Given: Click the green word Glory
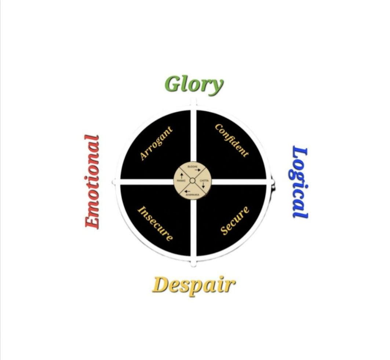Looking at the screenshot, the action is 194,84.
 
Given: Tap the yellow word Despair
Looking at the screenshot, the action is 193,285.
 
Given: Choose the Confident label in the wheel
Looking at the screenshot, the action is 232,141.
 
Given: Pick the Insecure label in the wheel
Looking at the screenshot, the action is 155,223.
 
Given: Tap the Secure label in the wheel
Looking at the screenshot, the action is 235,220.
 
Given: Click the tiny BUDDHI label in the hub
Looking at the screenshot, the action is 192,167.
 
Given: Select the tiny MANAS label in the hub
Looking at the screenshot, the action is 181,181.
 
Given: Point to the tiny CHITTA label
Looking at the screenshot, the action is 204,181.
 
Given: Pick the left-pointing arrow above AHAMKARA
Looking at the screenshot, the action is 187,192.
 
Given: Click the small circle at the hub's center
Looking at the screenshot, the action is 192,181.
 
